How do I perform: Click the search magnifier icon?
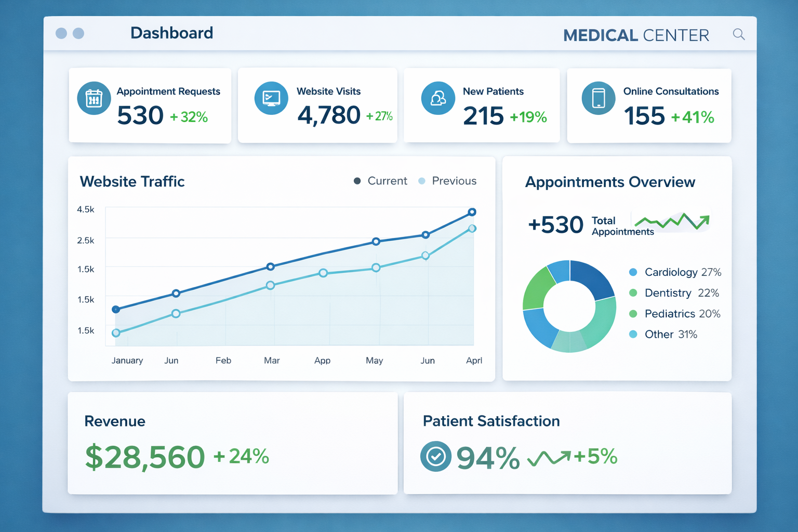(x=738, y=34)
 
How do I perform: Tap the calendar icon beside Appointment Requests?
(x=94, y=98)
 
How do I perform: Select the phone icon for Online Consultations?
(x=598, y=98)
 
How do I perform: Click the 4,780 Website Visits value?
(x=329, y=115)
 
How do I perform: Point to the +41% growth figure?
(x=693, y=117)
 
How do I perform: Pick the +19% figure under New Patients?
(x=528, y=117)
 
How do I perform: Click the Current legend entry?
(x=380, y=181)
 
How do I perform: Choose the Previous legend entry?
(x=447, y=181)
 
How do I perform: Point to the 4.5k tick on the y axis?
(x=86, y=209)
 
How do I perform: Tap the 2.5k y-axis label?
(x=86, y=241)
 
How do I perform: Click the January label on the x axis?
(x=127, y=361)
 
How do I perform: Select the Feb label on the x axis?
(x=223, y=361)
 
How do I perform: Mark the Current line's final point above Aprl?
(x=472, y=212)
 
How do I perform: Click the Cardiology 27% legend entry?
(x=675, y=272)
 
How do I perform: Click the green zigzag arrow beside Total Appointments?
(x=672, y=222)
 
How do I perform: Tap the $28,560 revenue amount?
(x=145, y=457)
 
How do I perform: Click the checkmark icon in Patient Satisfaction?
(x=435, y=457)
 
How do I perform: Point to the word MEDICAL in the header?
(x=600, y=35)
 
